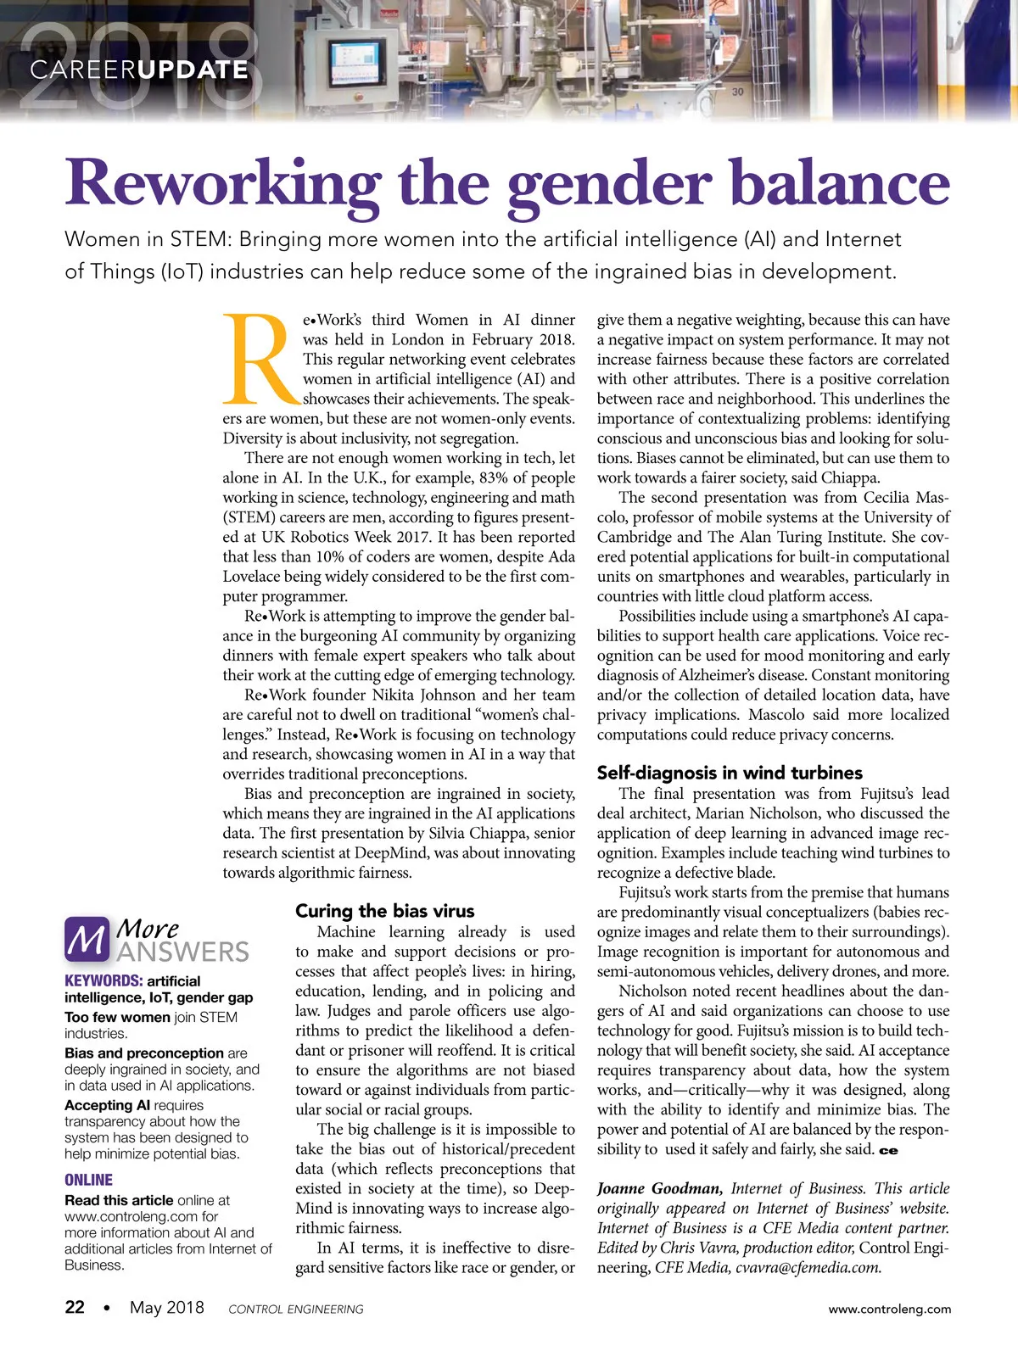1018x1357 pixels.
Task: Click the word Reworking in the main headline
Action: tap(223, 183)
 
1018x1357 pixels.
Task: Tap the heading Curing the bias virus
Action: tap(384, 911)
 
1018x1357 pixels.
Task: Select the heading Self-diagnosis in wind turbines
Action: tap(729, 773)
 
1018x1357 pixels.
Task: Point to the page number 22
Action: tap(75, 1307)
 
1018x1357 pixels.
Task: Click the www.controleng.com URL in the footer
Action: tap(889, 1309)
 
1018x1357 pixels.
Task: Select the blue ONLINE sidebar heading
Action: tap(88, 1180)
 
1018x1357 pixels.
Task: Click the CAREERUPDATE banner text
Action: tap(139, 70)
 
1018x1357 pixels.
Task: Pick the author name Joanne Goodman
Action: tap(659, 1189)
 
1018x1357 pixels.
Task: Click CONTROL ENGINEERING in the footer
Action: tap(296, 1310)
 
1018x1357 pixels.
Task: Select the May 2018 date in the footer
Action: tap(166, 1307)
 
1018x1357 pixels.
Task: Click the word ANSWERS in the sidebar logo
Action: tap(183, 951)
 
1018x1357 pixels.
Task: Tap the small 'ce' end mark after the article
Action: tap(888, 1151)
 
